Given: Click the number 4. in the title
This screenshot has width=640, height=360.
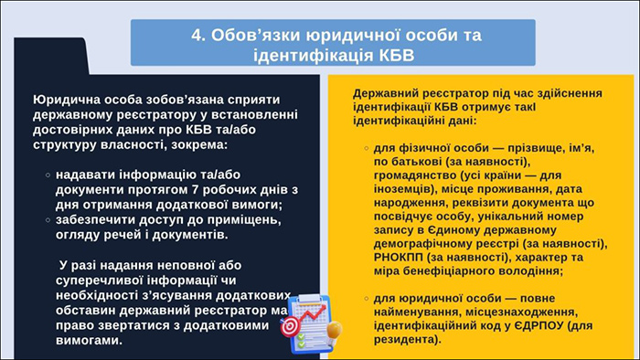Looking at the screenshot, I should [200, 35].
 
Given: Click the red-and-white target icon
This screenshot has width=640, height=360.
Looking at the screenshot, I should [290, 325].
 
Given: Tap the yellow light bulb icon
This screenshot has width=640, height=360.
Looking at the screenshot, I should [334, 327].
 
